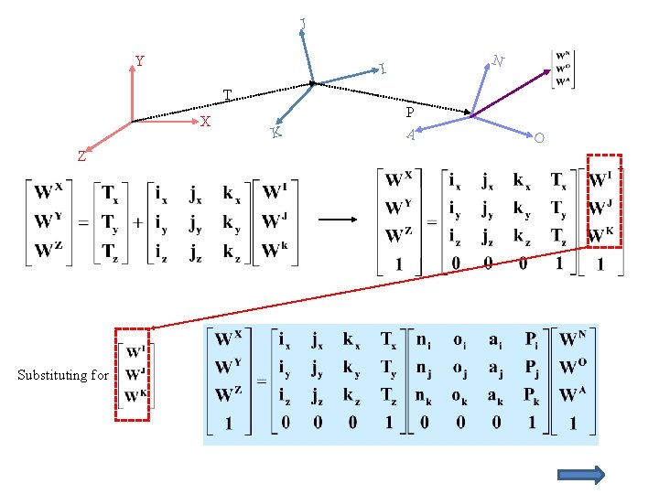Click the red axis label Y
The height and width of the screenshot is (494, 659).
pos(139,62)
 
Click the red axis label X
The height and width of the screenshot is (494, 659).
pos(206,122)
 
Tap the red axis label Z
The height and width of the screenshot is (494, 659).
pos(81,156)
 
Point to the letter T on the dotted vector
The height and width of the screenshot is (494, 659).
pos(228,94)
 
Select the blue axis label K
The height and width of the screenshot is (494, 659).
pos(275,134)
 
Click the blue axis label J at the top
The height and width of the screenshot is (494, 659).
pos(303,22)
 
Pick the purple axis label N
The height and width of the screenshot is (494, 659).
pos(498,61)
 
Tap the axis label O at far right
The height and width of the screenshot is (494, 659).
pos(539,138)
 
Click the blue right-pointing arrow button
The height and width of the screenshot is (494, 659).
pos(581,474)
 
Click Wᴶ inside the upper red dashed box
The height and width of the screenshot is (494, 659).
pos(601,208)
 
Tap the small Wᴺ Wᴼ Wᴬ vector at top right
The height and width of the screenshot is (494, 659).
pos(563,67)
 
